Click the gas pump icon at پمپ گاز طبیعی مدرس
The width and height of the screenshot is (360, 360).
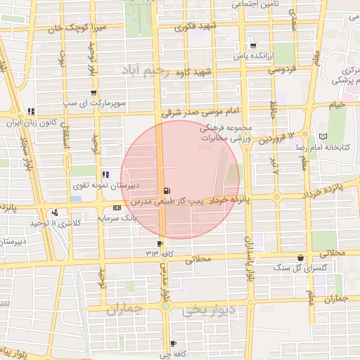[166, 190]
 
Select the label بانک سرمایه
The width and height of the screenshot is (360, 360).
[115, 219]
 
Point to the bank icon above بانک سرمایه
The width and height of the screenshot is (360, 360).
[116, 207]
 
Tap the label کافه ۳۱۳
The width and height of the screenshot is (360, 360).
[160, 253]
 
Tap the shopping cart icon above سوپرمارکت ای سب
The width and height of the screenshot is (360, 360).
[94, 92]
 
